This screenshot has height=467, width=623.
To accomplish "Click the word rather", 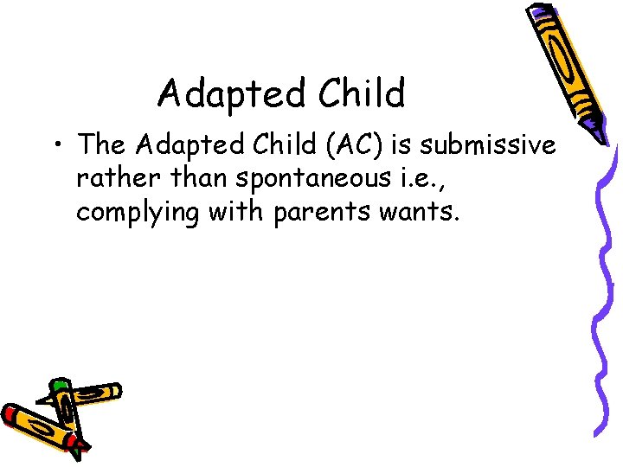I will [x=112, y=181].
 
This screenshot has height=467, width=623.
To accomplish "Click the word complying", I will [x=139, y=212].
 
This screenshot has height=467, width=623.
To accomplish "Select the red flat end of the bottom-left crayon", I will [x=12, y=415].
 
